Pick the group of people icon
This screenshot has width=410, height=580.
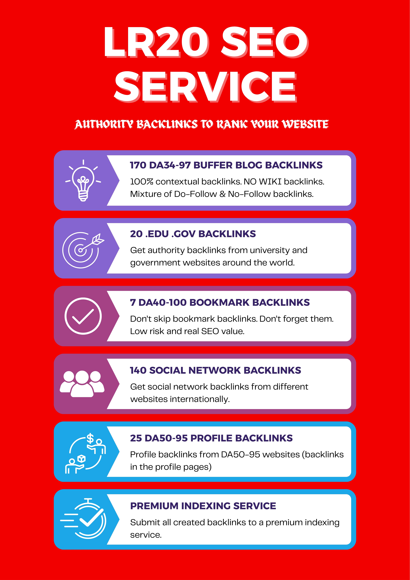click(x=82, y=383)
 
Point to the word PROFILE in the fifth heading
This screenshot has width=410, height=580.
click(x=211, y=438)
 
